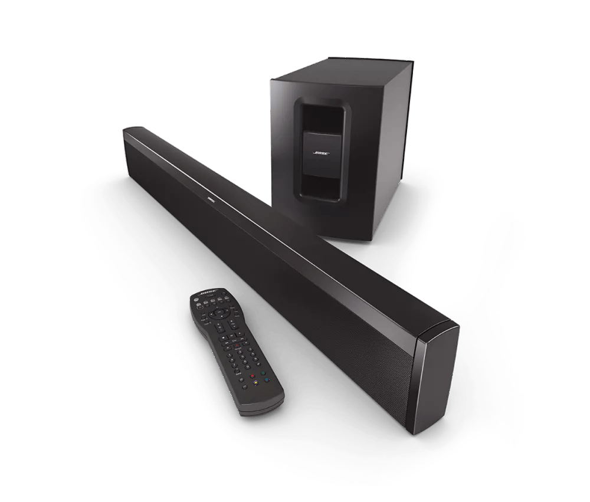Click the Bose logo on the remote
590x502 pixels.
[x=208, y=293]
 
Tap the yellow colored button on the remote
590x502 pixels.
[x=255, y=382]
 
